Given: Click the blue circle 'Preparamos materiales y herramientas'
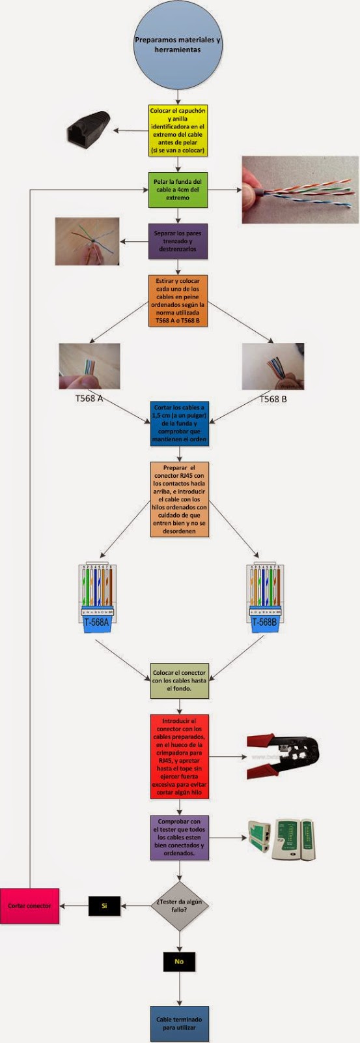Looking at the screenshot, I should point(178,45).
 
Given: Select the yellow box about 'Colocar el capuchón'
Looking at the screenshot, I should point(178,131).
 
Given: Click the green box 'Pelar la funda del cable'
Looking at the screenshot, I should point(178,190).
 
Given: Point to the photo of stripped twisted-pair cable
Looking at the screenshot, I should point(300,190).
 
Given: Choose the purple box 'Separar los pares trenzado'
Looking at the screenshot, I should point(178,241).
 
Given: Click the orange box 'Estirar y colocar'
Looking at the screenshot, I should point(178,301).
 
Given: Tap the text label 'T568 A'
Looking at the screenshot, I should point(89,398).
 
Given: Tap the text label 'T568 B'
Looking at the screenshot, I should point(273,399).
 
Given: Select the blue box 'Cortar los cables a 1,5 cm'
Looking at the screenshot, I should point(179,423).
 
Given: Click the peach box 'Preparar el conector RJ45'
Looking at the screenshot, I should point(179,499).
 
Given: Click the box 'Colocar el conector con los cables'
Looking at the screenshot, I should point(179,681).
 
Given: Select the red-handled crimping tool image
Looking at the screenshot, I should point(283,757).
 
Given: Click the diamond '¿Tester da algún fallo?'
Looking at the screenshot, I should point(179,906).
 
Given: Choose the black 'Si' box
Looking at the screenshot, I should point(104,906).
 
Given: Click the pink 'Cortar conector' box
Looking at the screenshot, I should point(29,906).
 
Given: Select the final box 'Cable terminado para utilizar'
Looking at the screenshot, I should point(179,1023).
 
